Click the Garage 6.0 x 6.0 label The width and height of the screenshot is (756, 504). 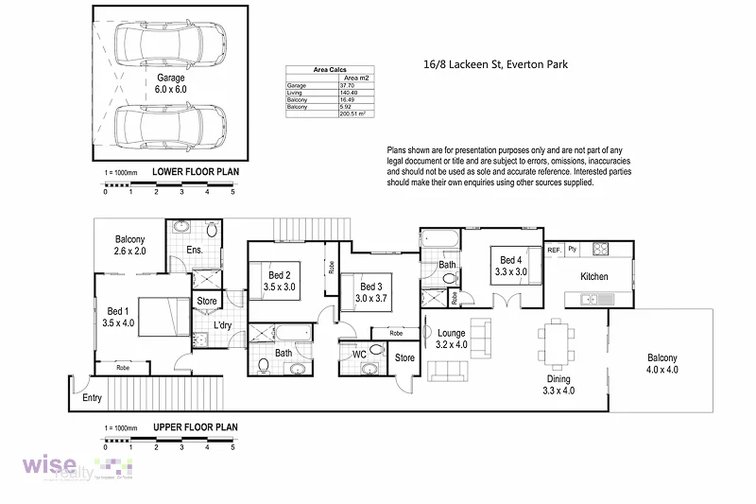[x=170, y=82]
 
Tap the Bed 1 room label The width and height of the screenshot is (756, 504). [x=118, y=316]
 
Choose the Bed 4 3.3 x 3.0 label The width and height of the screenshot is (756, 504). [x=510, y=266]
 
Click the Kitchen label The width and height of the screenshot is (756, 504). [x=594, y=277]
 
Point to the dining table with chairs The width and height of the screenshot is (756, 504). [x=555, y=342]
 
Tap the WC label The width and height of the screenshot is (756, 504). [x=359, y=355]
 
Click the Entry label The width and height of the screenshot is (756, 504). [x=92, y=398]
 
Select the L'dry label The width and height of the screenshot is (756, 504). [x=223, y=326]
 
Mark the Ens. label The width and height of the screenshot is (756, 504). [x=195, y=250]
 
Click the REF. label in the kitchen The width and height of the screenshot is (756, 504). [x=555, y=250]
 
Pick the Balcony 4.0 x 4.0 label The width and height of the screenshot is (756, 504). [x=661, y=363]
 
